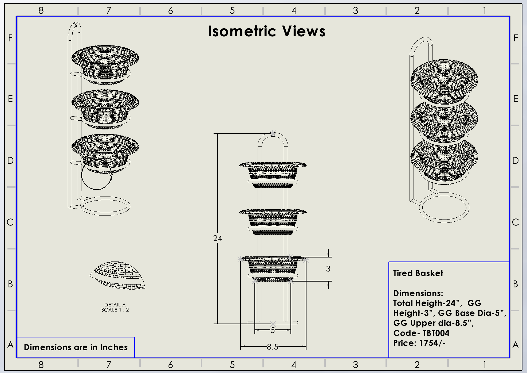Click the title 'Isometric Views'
(x=266, y=31)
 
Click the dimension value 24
(x=217, y=238)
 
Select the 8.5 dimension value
(x=272, y=347)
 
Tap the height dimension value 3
(x=328, y=269)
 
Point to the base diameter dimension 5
(x=273, y=330)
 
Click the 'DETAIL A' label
(x=115, y=305)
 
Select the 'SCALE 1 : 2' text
(x=115, y=310)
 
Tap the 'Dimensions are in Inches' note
(x=76, y=347)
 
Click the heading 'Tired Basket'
(x=418, y=273)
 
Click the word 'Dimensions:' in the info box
(x=418, y=293)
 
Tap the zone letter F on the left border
(x=10, y=38)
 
